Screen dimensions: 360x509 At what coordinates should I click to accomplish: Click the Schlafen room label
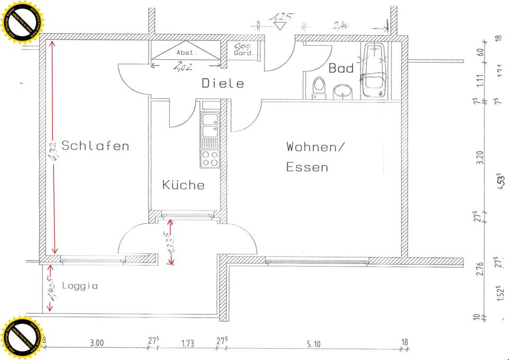tap(95, 145)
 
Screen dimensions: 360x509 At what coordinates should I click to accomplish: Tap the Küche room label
tap(183, 185)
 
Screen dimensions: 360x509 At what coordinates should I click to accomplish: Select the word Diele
tap(223, 83)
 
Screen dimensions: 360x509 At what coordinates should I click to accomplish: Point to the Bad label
tap(340, 68)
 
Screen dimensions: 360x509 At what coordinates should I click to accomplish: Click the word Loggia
tap(80, 286)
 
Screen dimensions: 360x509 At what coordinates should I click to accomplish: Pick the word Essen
tap(307, 168)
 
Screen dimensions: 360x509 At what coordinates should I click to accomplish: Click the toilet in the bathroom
tap(319, 88)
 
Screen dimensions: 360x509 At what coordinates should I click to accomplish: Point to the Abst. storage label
tap(187, 53)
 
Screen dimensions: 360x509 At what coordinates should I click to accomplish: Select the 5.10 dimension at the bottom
tap(314, 344)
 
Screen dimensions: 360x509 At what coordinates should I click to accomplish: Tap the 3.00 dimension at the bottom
tap(96, 344)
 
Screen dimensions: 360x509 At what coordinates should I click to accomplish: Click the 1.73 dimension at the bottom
tap(188, 344)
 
